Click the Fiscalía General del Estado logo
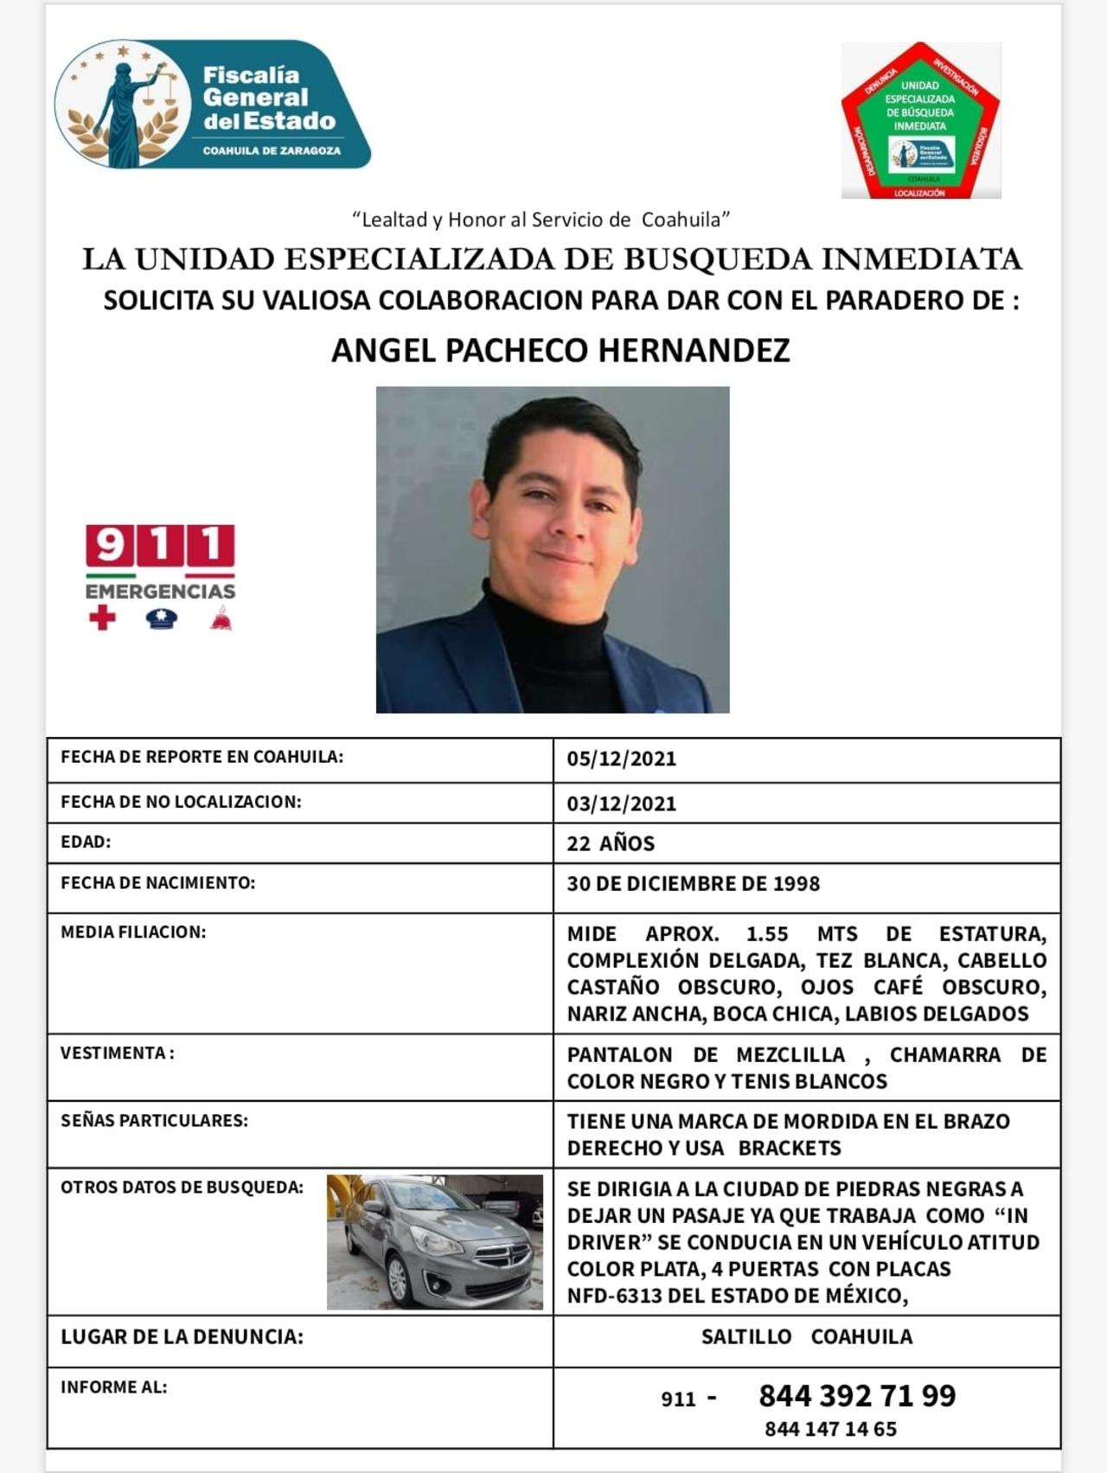(212, 106)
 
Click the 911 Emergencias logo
(160, 576)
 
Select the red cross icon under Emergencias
(102, 618)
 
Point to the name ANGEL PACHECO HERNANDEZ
(560, 350)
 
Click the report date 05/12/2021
(621, 759)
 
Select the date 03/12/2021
(621, 804)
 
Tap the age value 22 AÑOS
(611, 844)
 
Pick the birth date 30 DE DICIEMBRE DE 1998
(693, 884)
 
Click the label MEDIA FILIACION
(133, 932)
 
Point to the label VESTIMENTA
(117, 1054)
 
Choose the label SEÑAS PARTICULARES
(154, 1121)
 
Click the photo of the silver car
(435, 1241)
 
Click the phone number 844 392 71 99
(857, 1396)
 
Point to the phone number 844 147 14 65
(830, 1429)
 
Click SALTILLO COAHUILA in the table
(806, 1337)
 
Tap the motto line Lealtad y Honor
(541, 220)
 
